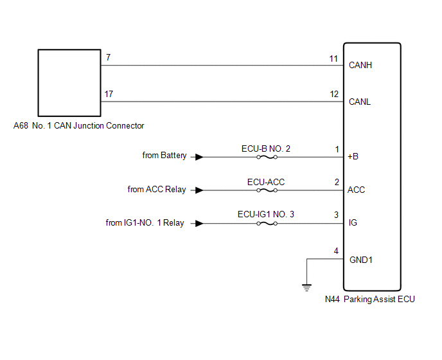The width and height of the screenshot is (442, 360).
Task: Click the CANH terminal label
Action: (x=360, y=65)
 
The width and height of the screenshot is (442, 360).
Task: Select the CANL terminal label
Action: (x=360, y=102)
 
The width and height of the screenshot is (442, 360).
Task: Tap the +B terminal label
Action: (x=353, y=156)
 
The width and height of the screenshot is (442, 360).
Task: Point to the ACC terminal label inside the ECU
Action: (x=357, y=190)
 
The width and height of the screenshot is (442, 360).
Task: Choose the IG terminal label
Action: (x=353, y=223)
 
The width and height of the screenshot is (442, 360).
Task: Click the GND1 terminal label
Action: (x=360, y=260)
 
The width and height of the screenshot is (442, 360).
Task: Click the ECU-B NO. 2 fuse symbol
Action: (x=266, y=156)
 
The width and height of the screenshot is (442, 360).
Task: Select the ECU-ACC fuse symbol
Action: (x=266, y=190)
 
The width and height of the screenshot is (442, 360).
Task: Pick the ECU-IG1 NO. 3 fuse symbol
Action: (x=266, y=223)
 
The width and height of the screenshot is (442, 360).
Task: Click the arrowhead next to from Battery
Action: (x=200, y=156)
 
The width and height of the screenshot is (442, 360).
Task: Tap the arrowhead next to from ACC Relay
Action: (x=200, y=190)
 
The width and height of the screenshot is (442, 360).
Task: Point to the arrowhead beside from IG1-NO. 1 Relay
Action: (x=200, y=223)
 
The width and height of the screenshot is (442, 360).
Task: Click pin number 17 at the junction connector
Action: (x=109, y=94)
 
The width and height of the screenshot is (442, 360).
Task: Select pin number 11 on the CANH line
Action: (x=333, y=59)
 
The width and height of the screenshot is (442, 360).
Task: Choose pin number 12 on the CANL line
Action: (x=333, y=94)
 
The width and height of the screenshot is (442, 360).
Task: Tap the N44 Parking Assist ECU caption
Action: (x=370, y=299)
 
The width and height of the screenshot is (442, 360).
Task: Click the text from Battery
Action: (x=164, y=156)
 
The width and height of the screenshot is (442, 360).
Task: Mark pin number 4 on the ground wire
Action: (x=336, y=251)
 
